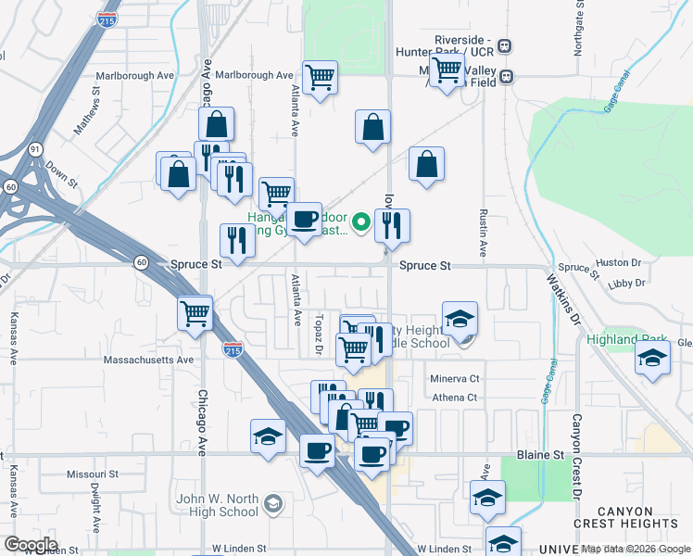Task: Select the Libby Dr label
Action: [x=625, y=283]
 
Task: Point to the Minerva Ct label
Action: [x=454, y=379]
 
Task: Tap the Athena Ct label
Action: [x=454, y=398]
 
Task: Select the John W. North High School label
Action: [x=218, y=505]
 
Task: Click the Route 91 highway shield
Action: [x=34, y=148]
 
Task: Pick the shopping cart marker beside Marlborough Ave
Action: [x=320, y=77]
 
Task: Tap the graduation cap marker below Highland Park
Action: [x=653, y=357]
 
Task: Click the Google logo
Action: [x=31, y=545]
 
